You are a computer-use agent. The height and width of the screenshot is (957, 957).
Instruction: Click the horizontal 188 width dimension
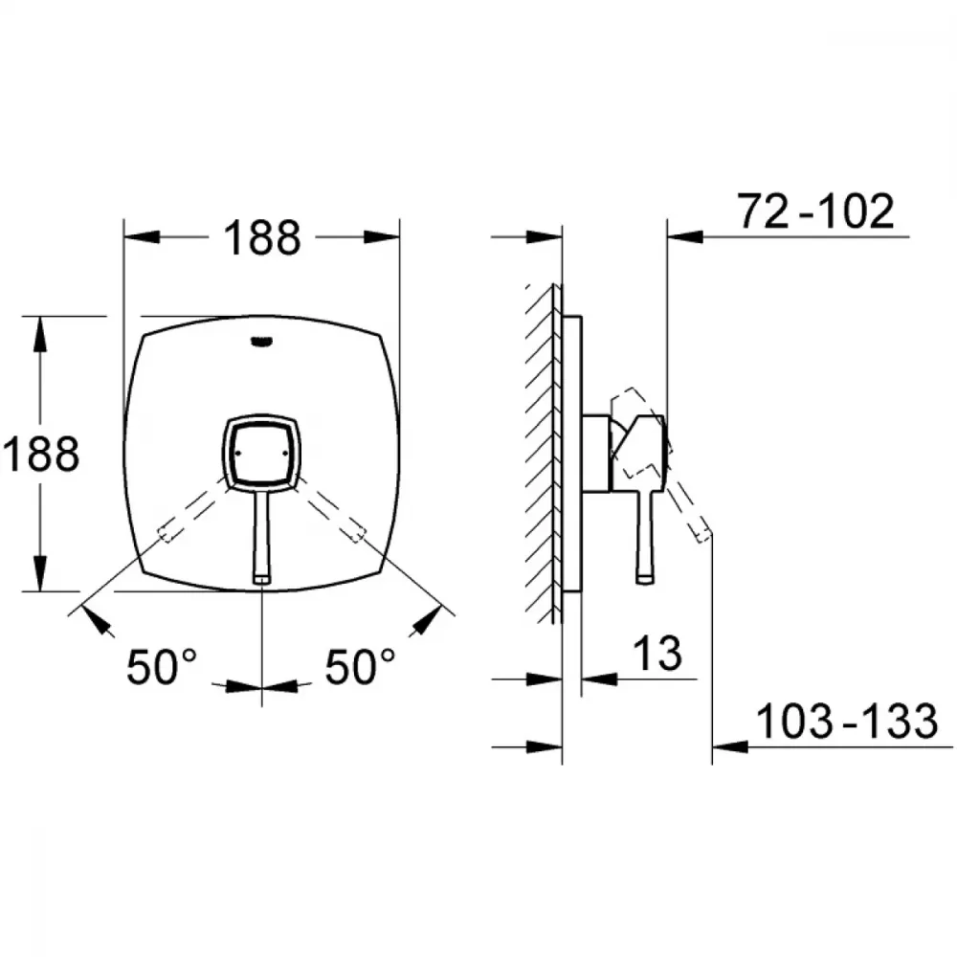(262, 237)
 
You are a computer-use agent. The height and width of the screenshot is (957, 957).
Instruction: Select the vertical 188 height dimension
(40, 454)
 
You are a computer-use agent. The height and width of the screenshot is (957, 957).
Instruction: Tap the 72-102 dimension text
(816, 211)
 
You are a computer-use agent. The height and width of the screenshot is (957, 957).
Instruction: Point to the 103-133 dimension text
(847, 721)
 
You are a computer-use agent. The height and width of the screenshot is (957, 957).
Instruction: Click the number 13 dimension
(657, 653)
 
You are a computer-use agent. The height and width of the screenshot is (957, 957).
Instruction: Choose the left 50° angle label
(162, 666)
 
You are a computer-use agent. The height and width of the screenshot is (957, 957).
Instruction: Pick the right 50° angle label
(360, 666)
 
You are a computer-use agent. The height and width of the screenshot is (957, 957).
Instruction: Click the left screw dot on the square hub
(236, 453)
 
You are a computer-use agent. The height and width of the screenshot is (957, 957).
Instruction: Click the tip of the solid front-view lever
(262, 580)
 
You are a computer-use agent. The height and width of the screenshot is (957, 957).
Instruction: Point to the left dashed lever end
(167, 533)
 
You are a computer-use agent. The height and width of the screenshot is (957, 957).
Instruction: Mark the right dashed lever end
(357, 533)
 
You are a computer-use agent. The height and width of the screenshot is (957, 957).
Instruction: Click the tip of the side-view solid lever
(645, 580)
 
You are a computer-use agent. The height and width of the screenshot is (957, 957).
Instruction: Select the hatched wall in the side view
(542, 454)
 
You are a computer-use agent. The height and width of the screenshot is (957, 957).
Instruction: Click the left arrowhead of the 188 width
(142, 236)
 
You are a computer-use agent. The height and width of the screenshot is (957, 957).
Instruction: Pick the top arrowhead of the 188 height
(40, 334)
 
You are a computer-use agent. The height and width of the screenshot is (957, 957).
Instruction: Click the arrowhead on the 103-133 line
(730, 746)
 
